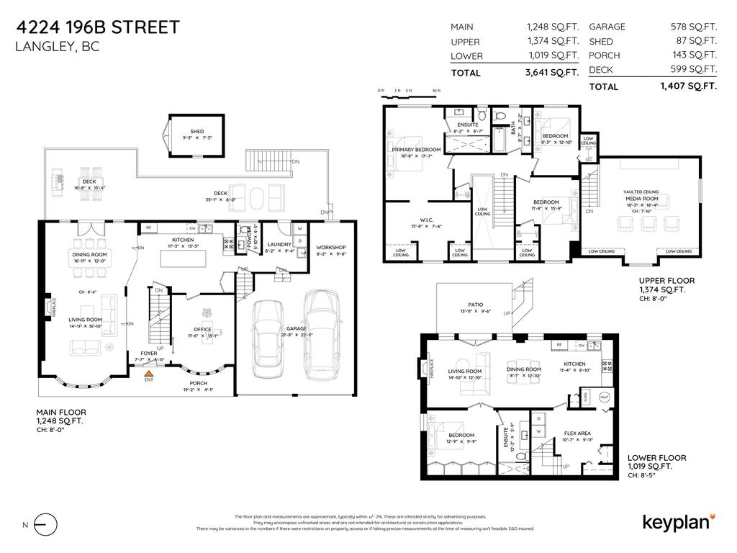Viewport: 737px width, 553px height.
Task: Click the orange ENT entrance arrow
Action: point(148,374)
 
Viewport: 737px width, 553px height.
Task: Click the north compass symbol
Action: point(45,525)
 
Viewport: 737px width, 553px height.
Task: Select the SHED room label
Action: point(197,132)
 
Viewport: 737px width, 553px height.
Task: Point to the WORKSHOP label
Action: point(331,247)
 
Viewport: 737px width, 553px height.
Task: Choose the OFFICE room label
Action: point(203,330)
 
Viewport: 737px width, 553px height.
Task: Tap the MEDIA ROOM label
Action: point(641,198)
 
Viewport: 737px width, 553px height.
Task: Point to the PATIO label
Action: point(475,305)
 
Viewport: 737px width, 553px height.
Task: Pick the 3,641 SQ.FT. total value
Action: point(552,73)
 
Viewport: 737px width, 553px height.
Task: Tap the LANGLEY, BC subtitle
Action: point(57,48)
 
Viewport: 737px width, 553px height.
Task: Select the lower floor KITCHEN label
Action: point(574,364)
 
